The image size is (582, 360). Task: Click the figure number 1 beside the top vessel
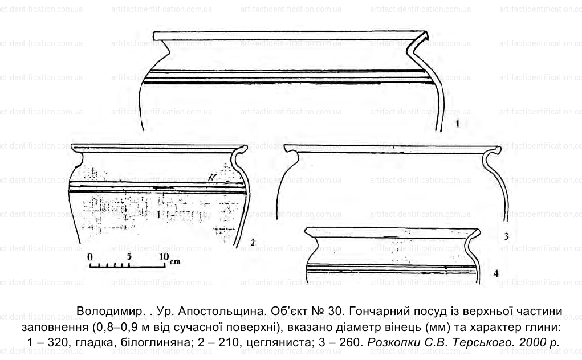point(457,124)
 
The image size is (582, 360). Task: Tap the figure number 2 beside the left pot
point(253,243)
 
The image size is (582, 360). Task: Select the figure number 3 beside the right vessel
point(506,236)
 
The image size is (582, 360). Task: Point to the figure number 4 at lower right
point(496,274)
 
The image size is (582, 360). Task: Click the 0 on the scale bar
point(90,256)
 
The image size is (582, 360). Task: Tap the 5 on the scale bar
point(129,256)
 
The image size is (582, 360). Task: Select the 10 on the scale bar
point(164,256)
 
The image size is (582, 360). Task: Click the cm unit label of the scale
point(175,262)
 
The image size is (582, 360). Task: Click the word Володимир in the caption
point(109,312)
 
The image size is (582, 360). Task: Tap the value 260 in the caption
point(351,342)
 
